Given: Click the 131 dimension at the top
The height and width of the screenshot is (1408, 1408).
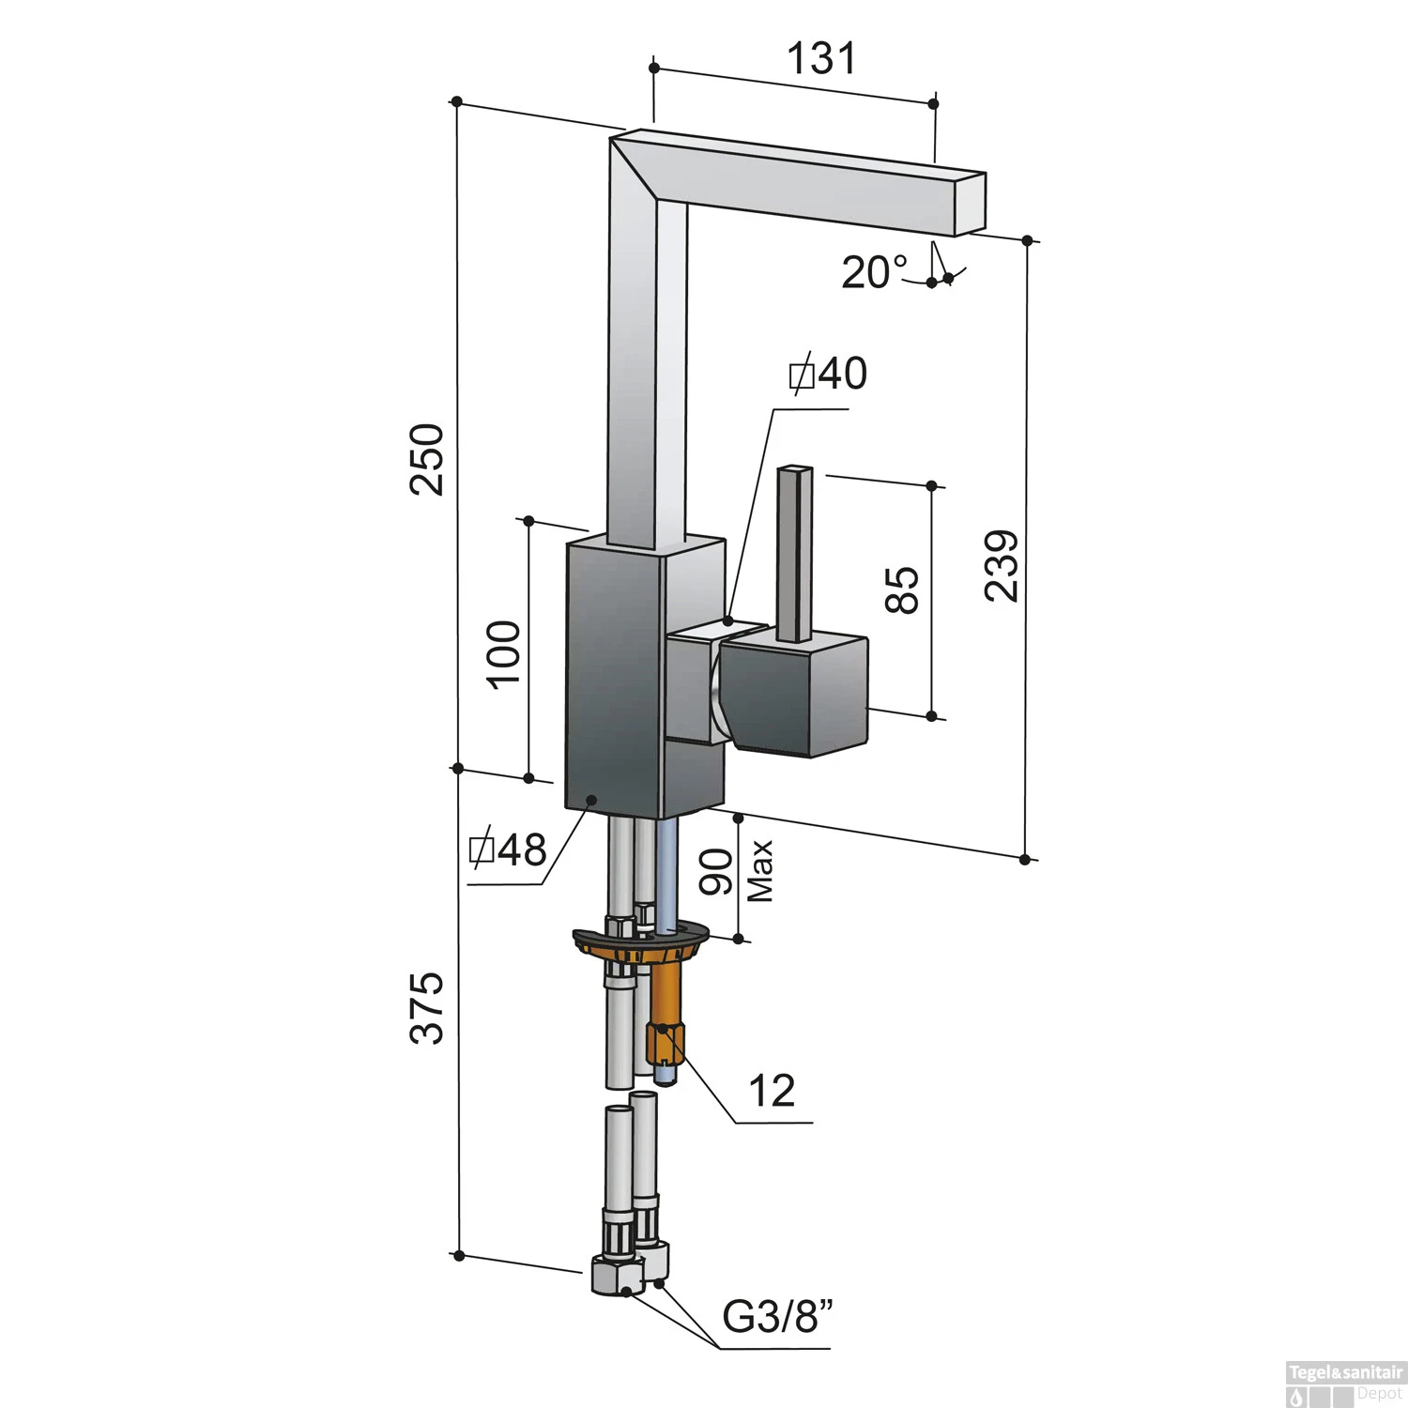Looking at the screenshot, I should [820, 58].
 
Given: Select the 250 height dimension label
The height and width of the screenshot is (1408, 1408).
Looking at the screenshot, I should [428, 459].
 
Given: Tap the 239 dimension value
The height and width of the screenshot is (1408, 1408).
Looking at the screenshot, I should [1002, 565].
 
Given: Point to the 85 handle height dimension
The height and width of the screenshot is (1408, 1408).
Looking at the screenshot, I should [902, 590].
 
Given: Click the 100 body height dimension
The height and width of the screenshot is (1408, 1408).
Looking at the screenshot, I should [504, 654].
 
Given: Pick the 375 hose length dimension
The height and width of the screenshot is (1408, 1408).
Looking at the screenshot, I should [428, 1007].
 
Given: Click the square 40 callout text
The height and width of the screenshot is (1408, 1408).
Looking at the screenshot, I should [827, 374].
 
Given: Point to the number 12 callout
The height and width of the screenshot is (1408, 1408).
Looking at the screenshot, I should [772, 1091].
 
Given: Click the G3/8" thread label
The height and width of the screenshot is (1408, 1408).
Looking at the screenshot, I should [778, 1317].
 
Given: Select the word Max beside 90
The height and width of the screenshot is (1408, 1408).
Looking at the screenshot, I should [760, 871].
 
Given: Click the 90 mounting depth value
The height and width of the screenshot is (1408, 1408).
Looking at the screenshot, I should [717, 871].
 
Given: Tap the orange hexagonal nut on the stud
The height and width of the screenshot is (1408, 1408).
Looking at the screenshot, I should [666, 1041].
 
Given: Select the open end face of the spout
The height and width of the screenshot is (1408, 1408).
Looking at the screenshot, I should [970, 204].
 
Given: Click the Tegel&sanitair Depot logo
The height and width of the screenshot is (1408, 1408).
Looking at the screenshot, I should [1344, 1385].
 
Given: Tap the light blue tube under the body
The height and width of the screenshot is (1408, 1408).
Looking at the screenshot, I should [666, 873].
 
